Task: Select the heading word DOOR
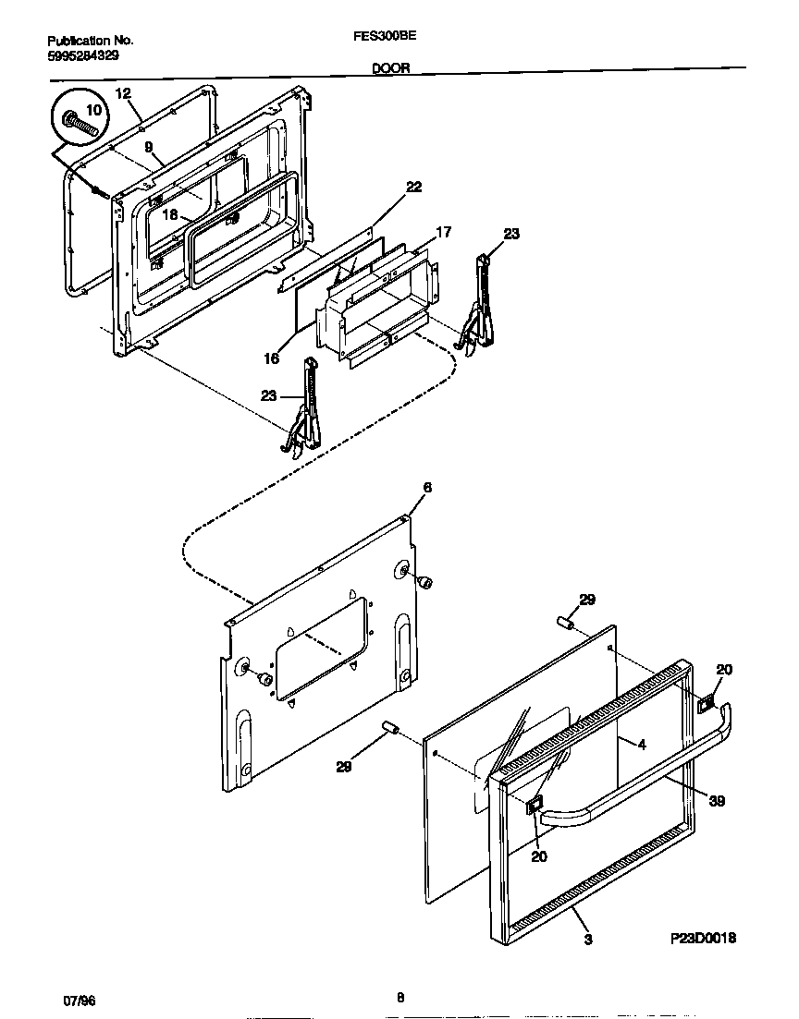(x=391, y=67)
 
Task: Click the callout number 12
(x=124, y=92)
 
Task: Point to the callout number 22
(x=413, y=187)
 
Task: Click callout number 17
(x=443, y=232)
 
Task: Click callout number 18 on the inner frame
(x=171, y=214)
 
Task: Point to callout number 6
(x=426, y=487)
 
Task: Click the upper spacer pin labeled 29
(x=566, y=624)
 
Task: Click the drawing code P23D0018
(x=703, y=938)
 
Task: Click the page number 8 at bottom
(x=399, y=997)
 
